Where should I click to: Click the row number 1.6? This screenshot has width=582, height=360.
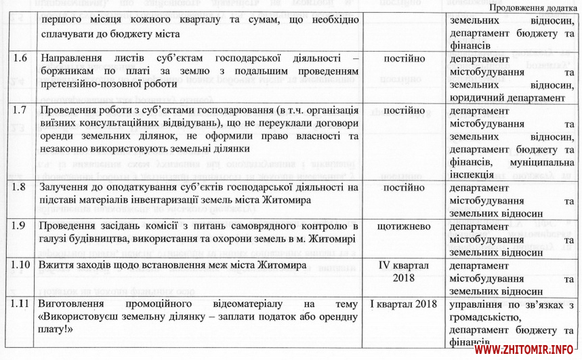(20, 59)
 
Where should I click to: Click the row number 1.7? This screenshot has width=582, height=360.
(20, 110)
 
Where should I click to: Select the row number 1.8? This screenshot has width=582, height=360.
(20, 187)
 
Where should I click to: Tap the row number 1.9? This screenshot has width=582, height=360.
(20, 226)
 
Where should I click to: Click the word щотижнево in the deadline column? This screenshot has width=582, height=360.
(404, 226)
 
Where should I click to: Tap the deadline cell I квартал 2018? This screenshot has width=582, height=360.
(404, 303)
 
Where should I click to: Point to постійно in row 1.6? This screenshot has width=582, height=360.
(404, 59)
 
